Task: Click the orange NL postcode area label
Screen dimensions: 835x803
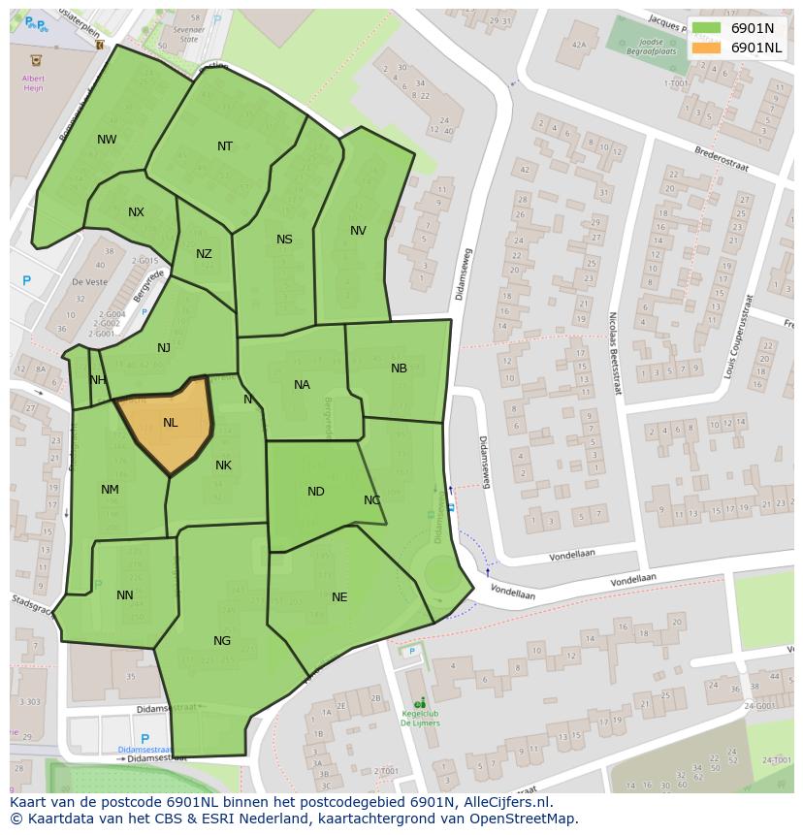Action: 171,423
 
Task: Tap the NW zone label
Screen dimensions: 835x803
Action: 107,140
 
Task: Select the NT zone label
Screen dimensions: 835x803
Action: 225,146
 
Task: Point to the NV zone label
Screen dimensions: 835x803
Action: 358,231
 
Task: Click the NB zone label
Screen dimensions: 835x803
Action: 399,369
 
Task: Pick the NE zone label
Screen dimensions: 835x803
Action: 339,597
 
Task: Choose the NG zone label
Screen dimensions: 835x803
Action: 222,641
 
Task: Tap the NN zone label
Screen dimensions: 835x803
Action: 125,595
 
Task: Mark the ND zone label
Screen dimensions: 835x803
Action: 315,492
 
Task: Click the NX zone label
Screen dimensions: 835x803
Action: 136,212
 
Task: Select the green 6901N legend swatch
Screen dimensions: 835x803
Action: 706,28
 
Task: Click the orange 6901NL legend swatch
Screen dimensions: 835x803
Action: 706,48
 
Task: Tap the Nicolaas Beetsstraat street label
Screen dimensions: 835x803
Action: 613,353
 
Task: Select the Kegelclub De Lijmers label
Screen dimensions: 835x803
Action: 420,719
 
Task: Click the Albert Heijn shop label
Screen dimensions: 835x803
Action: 33,82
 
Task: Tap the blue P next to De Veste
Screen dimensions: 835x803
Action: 27,281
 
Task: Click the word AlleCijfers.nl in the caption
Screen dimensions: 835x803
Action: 508,802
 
